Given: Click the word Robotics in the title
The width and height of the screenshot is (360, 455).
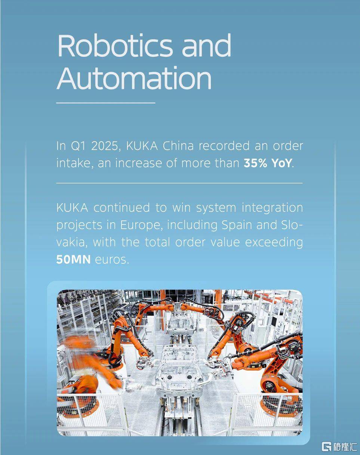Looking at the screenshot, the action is [115, 45].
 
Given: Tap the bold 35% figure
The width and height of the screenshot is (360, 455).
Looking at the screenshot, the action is [255, 163].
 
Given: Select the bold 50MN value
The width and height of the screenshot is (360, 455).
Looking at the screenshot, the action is [73, 260].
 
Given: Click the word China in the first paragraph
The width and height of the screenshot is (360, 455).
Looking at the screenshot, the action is [178, 146].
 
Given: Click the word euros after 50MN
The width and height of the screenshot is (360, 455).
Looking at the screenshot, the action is [112, 260].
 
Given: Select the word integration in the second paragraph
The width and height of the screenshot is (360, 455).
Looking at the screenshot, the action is [272, 208].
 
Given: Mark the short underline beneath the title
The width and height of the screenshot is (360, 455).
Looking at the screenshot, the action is [106, 103].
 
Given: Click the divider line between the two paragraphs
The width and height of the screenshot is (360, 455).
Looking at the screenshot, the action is [179, 183].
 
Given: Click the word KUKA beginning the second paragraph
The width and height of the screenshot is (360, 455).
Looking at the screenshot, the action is [72, 208].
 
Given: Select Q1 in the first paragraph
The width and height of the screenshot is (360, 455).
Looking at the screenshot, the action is [78, 146].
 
